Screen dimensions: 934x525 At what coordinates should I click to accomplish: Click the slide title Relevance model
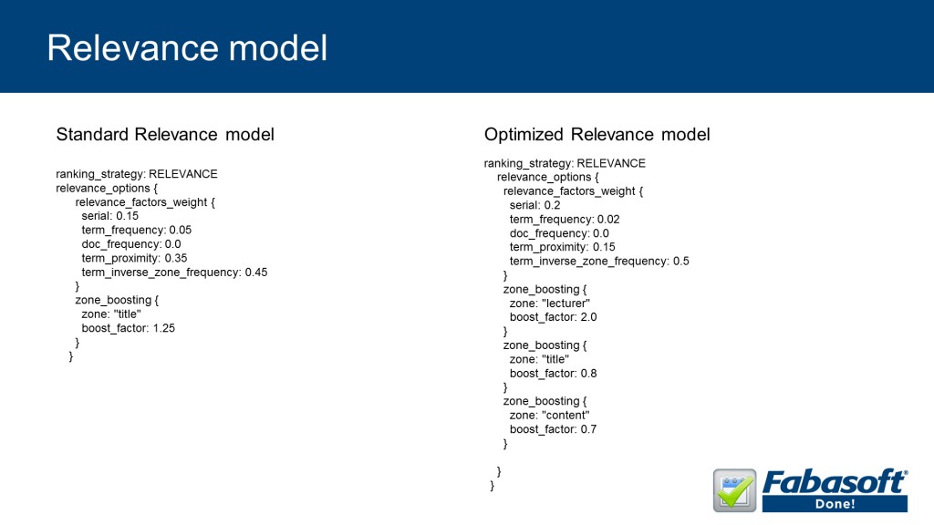187,48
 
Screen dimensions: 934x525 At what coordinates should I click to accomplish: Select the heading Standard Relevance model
165,135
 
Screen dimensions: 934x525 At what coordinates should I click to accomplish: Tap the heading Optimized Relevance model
597,135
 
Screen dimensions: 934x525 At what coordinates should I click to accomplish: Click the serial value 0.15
128,216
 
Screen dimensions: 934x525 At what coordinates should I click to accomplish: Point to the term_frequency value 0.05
181,230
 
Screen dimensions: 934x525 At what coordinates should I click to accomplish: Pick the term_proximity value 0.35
176,258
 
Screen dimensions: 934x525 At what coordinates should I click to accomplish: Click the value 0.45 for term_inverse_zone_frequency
256,272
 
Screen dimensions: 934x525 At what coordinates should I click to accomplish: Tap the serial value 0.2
552,205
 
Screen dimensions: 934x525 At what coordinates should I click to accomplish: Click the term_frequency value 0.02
608,219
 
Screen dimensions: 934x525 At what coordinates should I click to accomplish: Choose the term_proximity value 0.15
604,247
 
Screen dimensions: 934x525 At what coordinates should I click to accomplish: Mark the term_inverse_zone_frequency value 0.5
680,262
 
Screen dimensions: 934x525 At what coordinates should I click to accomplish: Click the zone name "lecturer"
566,304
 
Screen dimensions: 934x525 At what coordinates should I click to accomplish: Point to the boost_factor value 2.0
588,317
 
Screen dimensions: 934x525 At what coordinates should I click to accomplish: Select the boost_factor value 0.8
588,373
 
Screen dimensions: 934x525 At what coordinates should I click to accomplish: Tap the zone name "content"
566,416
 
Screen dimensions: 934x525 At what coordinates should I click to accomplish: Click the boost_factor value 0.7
588,429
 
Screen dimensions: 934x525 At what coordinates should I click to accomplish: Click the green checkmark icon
735,490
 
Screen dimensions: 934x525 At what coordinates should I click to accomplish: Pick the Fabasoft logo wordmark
835,481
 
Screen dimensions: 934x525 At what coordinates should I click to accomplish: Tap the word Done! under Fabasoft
835,503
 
